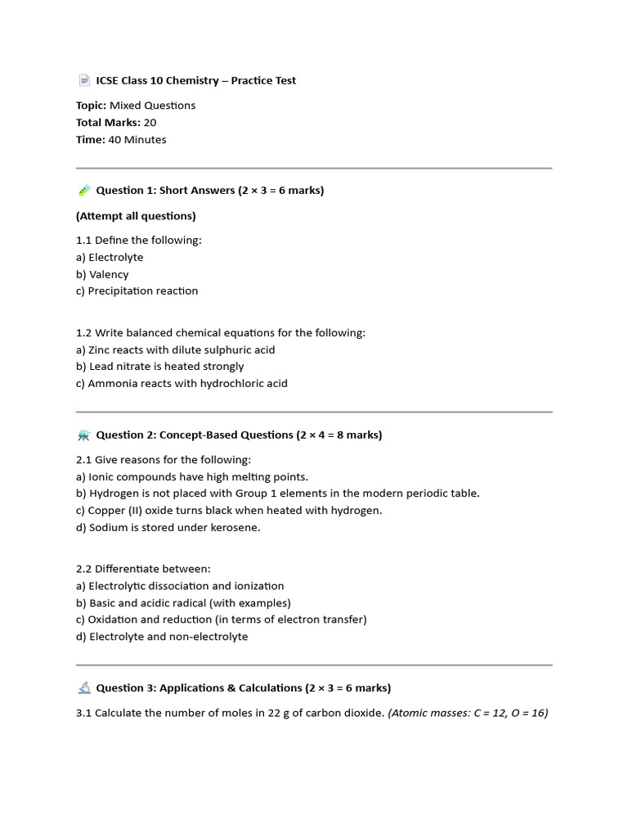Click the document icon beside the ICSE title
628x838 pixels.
(x=84, y=80)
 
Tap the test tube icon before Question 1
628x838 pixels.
(x=84, y=191)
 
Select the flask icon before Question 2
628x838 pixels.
(x=84, y=435)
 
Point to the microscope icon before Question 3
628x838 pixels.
(x=84, y=688)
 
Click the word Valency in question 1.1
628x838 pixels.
(x=109, y=274)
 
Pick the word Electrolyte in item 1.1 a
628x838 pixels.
(x=115, y=257)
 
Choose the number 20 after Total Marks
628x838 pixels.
(x=150, y=123)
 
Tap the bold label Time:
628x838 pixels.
(x=91, y=140)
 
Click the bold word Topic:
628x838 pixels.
(x=92, y=106)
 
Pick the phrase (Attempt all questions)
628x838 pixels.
(x=136, y=216)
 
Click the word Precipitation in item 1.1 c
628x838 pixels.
(x=120, y=291)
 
